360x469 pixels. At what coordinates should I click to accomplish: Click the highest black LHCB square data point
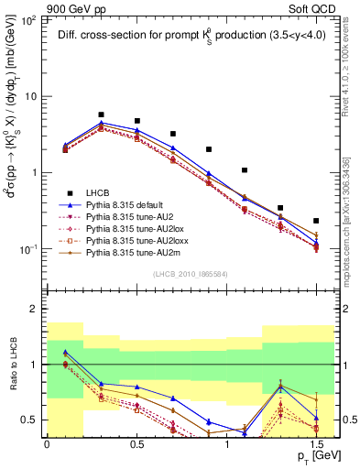point(101,115)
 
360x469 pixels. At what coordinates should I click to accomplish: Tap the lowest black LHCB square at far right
point(316,221)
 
